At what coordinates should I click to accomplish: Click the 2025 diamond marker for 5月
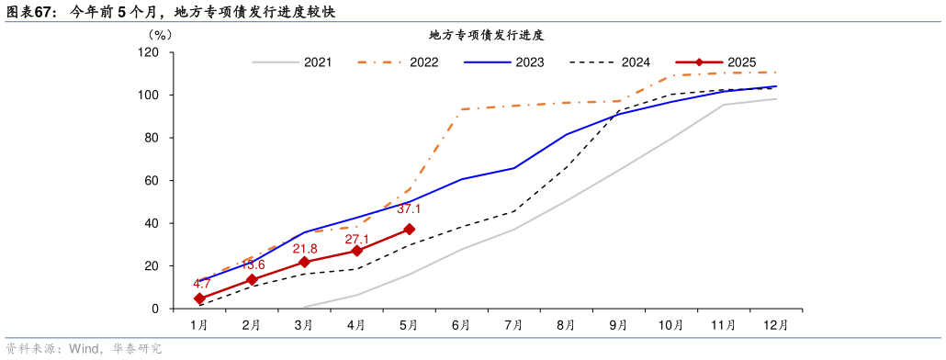coord(409,230)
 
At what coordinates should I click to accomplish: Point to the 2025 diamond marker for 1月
coord(198,298)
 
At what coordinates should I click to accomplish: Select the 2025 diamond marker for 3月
coord(304,262)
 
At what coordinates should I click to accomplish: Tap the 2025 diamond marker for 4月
coord(356,251)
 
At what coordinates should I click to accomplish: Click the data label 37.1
coord(409,209)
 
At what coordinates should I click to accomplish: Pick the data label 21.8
coord(305,249)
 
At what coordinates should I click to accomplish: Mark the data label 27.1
coord(357,239)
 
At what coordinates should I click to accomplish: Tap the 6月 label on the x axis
coord(461,325)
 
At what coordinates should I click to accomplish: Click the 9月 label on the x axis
coord(618,325)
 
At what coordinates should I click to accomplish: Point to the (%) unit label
coord(159,35)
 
